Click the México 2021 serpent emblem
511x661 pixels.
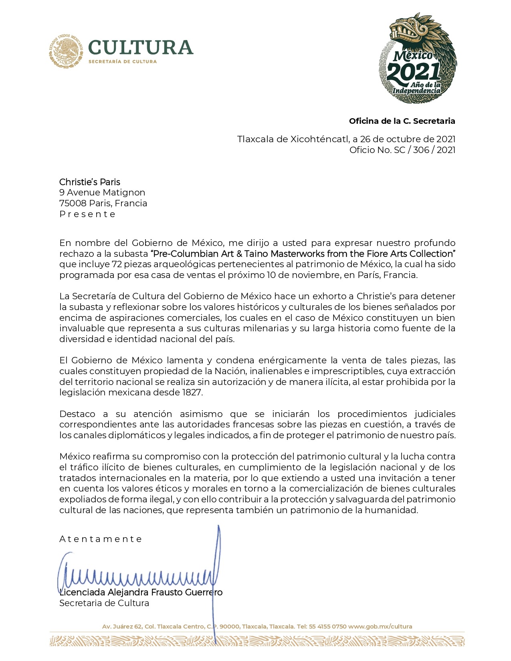point(418,58)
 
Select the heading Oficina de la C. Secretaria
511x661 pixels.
point(402,121)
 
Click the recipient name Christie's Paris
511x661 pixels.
point(90,182)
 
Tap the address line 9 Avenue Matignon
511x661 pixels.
point(102,193)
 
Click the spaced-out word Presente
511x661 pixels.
point(87,214)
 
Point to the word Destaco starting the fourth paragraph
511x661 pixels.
point(77,414)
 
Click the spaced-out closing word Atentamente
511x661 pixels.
point(101,539)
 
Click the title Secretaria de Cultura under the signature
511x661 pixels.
point(104,603)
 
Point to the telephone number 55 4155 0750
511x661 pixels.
point(327,627)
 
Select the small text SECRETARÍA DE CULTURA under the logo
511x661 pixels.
point(122,62)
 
